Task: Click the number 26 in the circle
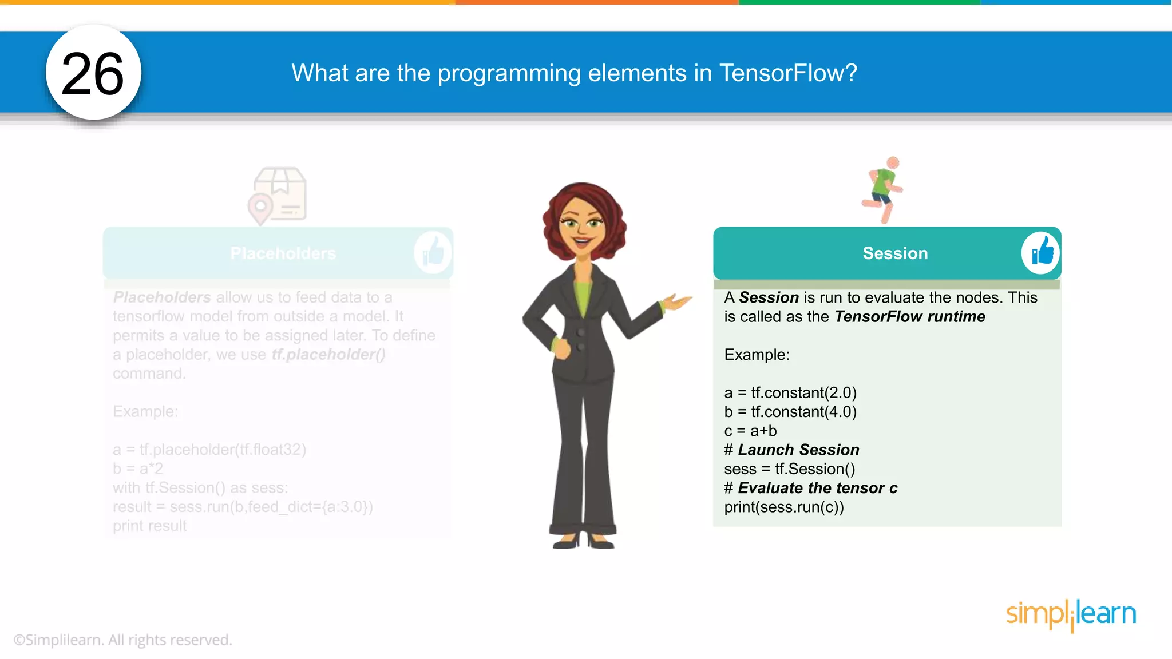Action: tap(93, 74)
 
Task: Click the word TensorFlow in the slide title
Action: tap(788, 73)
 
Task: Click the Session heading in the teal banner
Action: tap(895, 253)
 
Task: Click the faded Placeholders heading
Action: tap(283, 253)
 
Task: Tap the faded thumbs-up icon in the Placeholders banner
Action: tap(433, 252)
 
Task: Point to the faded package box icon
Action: tap(279, 195)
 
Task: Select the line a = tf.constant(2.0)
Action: tap(790, 393)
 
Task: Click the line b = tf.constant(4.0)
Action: tap(790, 412)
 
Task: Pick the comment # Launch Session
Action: tap(792, 450)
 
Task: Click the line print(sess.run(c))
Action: tap(784, 507)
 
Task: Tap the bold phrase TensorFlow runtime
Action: tap(910, 316)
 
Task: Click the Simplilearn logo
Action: tap(1071, 614)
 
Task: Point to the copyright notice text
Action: tap(123, 640)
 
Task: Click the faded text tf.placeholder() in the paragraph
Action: tap(328, 355)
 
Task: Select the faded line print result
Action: tap(150, 526)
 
